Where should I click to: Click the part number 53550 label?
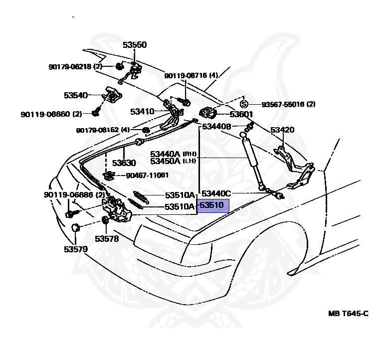click(x=135, y=45)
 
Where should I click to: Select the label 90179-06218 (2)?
click(x=75, y=67)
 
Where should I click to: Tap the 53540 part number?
click(x=76, y=96)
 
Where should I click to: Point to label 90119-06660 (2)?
click(x=51, y=114)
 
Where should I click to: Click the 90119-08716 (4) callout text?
click(x=191, y=75)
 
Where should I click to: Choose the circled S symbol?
click(x=244, y=104)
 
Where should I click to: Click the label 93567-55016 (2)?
click(x=288, y=104)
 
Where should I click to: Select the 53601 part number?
click(x=241, y=114)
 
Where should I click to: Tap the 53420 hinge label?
click(x=282, y=130)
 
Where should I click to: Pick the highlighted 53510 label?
click(x=212, y=205)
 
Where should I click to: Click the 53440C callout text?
click(x=216, y=193)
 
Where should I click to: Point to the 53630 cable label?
click(x=124, y=163)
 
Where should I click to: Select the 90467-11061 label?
click(x=147, y=176)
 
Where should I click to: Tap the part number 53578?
click(x=107, y=239)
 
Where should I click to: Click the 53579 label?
click(x=76, y=249)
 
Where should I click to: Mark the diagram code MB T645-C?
click(x=348, y=313)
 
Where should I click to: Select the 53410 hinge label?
click(x=143, y=112)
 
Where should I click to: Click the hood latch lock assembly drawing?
click(x=117, y=208)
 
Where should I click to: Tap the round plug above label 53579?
click(x=75, y=227)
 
